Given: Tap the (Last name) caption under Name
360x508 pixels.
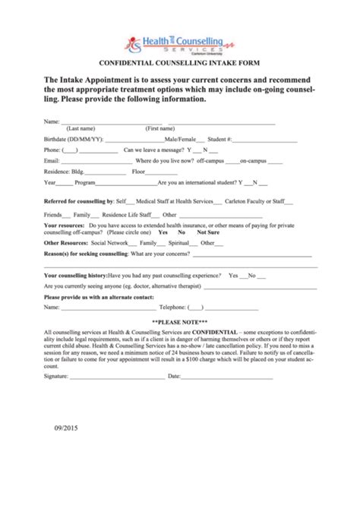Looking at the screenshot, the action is coord(81,128).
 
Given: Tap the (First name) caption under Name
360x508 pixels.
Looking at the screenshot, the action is coord(161,128).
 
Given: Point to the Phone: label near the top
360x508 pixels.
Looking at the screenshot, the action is coord(52,150).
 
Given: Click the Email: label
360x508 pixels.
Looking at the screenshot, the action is coord(52,161).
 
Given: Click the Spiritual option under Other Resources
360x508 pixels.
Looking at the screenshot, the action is coord(178,242).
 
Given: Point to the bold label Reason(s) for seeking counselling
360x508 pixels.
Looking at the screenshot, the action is coord(86,253).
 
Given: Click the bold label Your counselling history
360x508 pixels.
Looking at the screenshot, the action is coord(75,275).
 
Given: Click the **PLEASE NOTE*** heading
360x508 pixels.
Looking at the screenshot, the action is coord(179,322).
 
